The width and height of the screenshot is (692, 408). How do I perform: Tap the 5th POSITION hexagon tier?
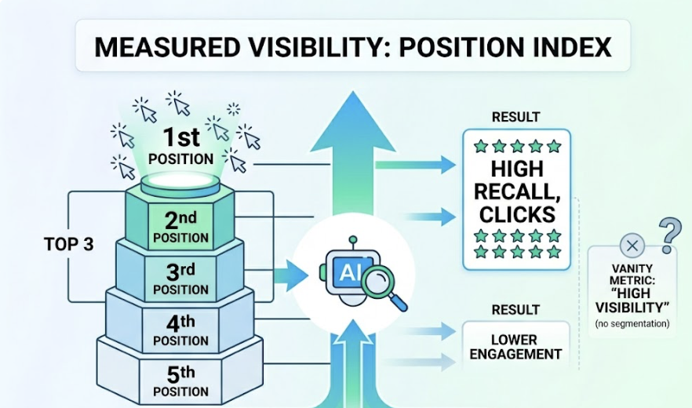point(180,380)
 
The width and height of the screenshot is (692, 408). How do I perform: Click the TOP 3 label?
point(69,244)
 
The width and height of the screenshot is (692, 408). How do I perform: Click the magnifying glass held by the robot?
point(384,284)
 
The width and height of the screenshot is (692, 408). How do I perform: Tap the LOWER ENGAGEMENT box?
point(515,346)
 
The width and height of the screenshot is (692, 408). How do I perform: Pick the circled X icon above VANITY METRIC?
point(632,246)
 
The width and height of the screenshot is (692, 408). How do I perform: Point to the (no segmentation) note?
point(632,322)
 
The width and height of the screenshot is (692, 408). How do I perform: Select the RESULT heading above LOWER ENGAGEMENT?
point(515,310)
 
